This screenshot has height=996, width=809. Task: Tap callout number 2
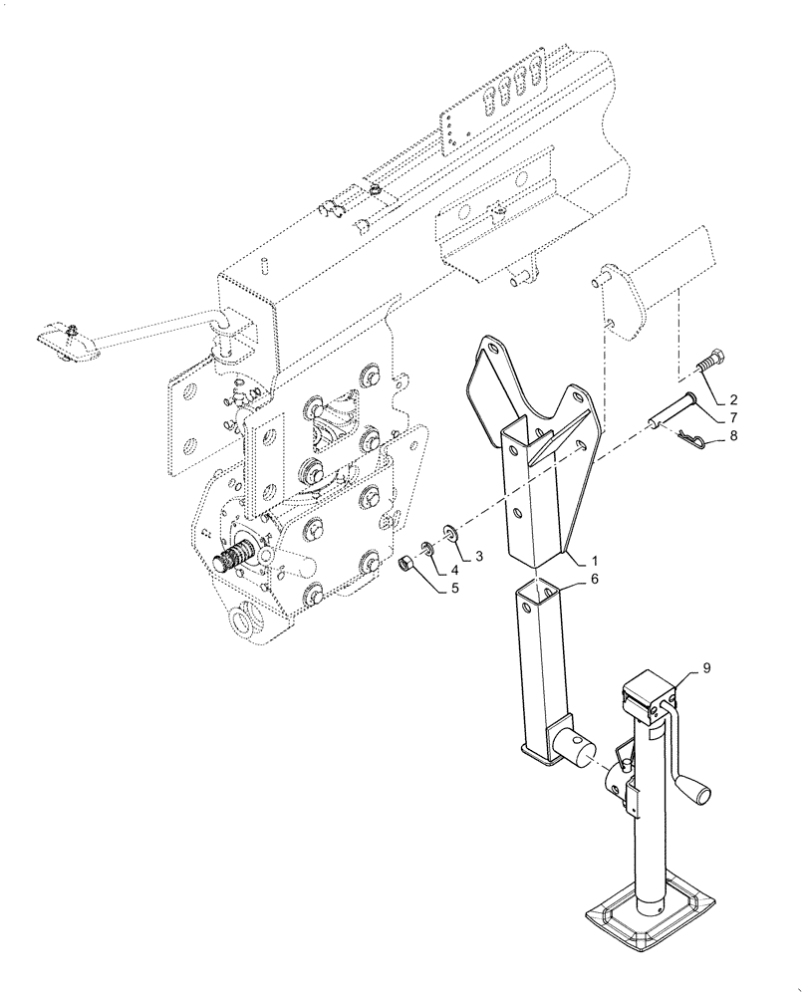pyautogui.click(x=733, y=398)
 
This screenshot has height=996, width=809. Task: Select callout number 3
pyautogui.click(x=479, y=554)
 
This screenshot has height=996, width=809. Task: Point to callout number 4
pyautogui.click(x=454, y=571)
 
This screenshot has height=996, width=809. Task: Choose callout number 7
pyautogui.click(x=733, y=416)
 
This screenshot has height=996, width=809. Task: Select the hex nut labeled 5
pyautogui.click(x=406, y=566)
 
